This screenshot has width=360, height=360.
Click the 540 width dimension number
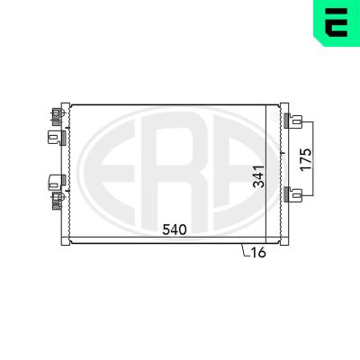pos(175,229)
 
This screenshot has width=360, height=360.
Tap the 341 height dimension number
pos(258,176)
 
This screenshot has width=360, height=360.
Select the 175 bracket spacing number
pos(306,159)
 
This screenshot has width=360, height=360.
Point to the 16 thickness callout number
pos(258,253)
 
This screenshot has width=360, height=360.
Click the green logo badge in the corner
pos(337,22)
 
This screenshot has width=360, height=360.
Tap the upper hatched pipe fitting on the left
pos(58,117)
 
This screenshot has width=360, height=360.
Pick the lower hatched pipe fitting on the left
pos(58,201)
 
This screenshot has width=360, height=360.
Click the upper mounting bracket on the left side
pos(57,138)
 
